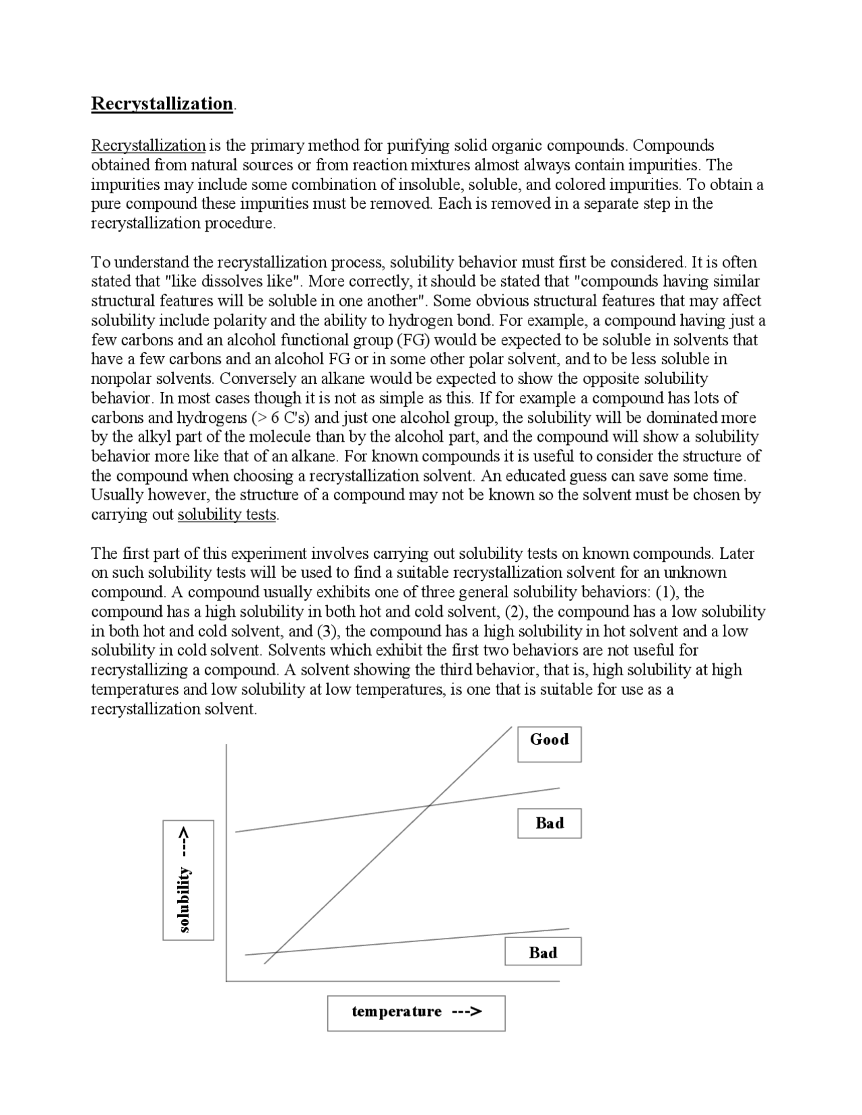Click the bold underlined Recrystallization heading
point(162,104)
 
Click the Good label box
point(549,744)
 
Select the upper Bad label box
point(549,823)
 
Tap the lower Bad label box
point(543,951)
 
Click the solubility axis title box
point(188,879)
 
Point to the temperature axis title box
point(416,1013)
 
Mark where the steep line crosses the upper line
point(429,805)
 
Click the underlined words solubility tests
point(227,514)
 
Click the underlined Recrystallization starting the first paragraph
point(148,145)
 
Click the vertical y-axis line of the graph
point(226,862)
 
